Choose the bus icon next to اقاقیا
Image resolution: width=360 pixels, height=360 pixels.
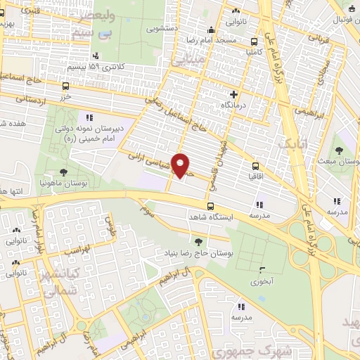click(255, 167)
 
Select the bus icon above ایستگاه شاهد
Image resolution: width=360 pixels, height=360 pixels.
click(210, 207)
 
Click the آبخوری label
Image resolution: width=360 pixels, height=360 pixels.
click(262, 281)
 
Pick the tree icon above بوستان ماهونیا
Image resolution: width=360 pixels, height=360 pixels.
click(63, 172)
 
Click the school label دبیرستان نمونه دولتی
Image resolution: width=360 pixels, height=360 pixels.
click(89, 130)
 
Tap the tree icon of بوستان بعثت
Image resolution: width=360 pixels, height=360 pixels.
click(339, 150)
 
